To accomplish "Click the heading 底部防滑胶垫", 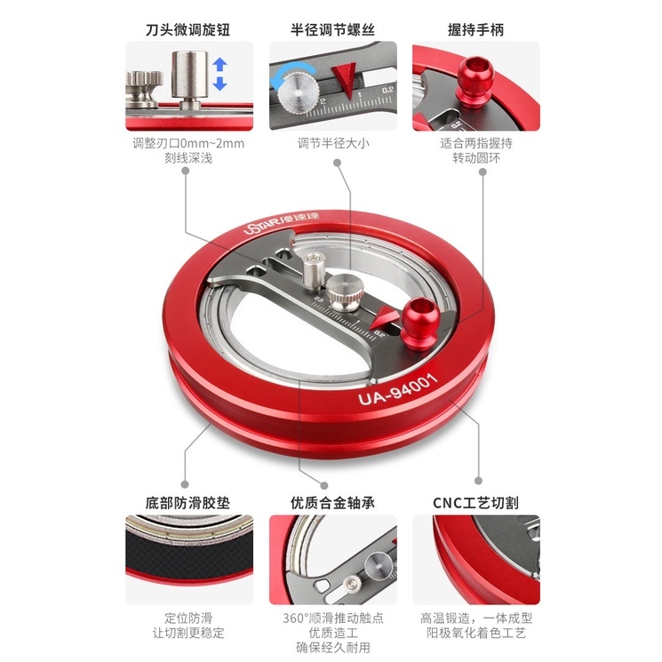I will (x=187, y=502).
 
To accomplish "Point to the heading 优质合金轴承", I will (x=331, y=502).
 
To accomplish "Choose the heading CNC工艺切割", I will (x=475, y=502).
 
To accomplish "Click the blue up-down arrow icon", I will (x=220, y=74).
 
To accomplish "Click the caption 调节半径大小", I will (x=331, y=142).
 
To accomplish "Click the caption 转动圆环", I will (x=475, y=158).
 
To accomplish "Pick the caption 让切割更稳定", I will (x=187, y=634).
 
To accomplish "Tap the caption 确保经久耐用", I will (x=331, y=650).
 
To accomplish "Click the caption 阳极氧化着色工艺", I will (x=476, y=634).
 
